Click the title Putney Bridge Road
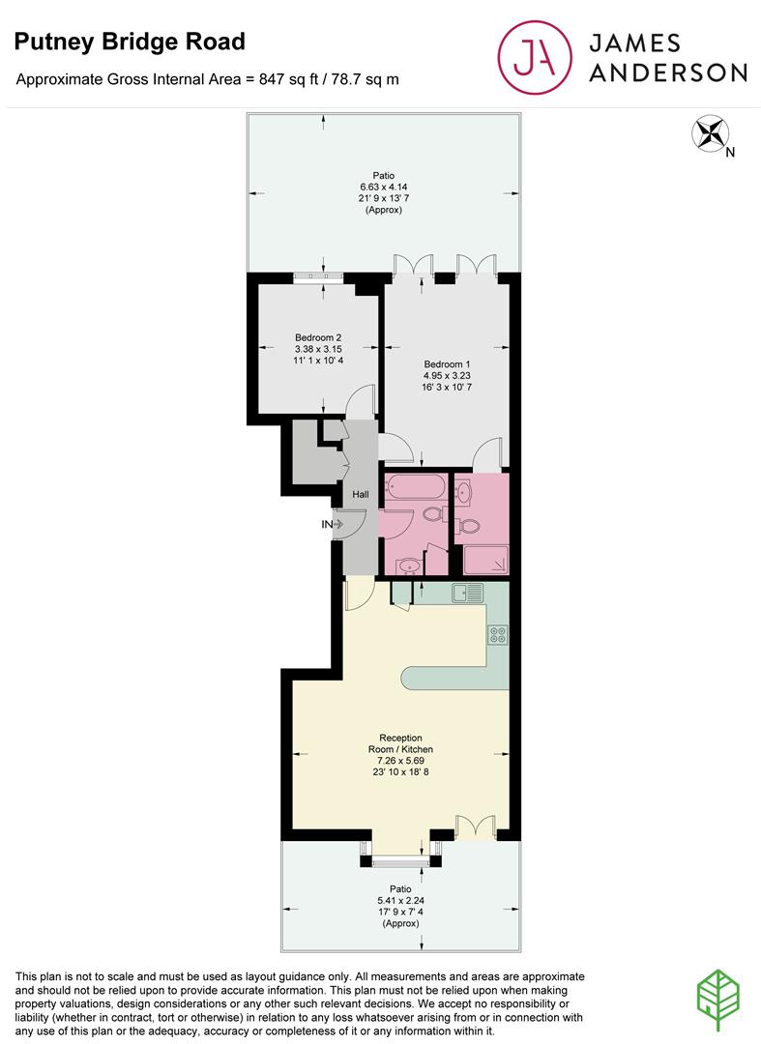[x=129, y=42]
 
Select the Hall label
[x=361, y=495]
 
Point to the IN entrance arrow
[x=334, y=524]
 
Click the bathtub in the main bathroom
[x=415, y=485]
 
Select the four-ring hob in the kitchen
[x=499, y=635]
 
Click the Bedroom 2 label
[x=319, y=337]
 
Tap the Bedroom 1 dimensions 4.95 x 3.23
[x=447, y=375]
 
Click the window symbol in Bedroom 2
[x=319, y=277]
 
